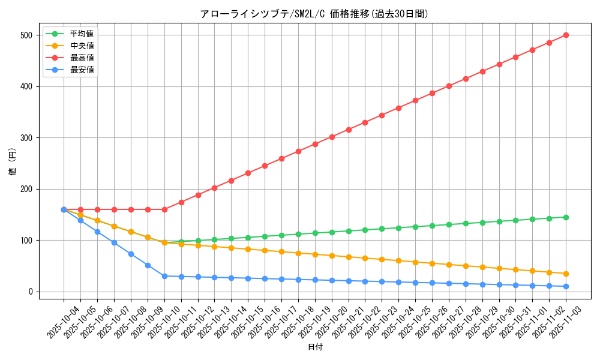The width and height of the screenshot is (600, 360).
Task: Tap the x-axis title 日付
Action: click(315, 347)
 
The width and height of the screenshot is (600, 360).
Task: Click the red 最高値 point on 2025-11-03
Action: click(566, 35)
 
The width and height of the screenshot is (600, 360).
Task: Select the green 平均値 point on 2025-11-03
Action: click(566, 217)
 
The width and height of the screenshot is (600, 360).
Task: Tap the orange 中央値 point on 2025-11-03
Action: click(566, 274)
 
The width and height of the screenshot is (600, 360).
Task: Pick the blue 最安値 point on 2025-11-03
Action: click(566, 286)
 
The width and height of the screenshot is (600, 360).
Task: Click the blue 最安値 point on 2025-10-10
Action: click(164, 276)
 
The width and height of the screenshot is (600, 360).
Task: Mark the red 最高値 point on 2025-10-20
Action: click(332, 137)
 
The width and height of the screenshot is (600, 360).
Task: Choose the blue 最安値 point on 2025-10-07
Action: click(114, 242)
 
